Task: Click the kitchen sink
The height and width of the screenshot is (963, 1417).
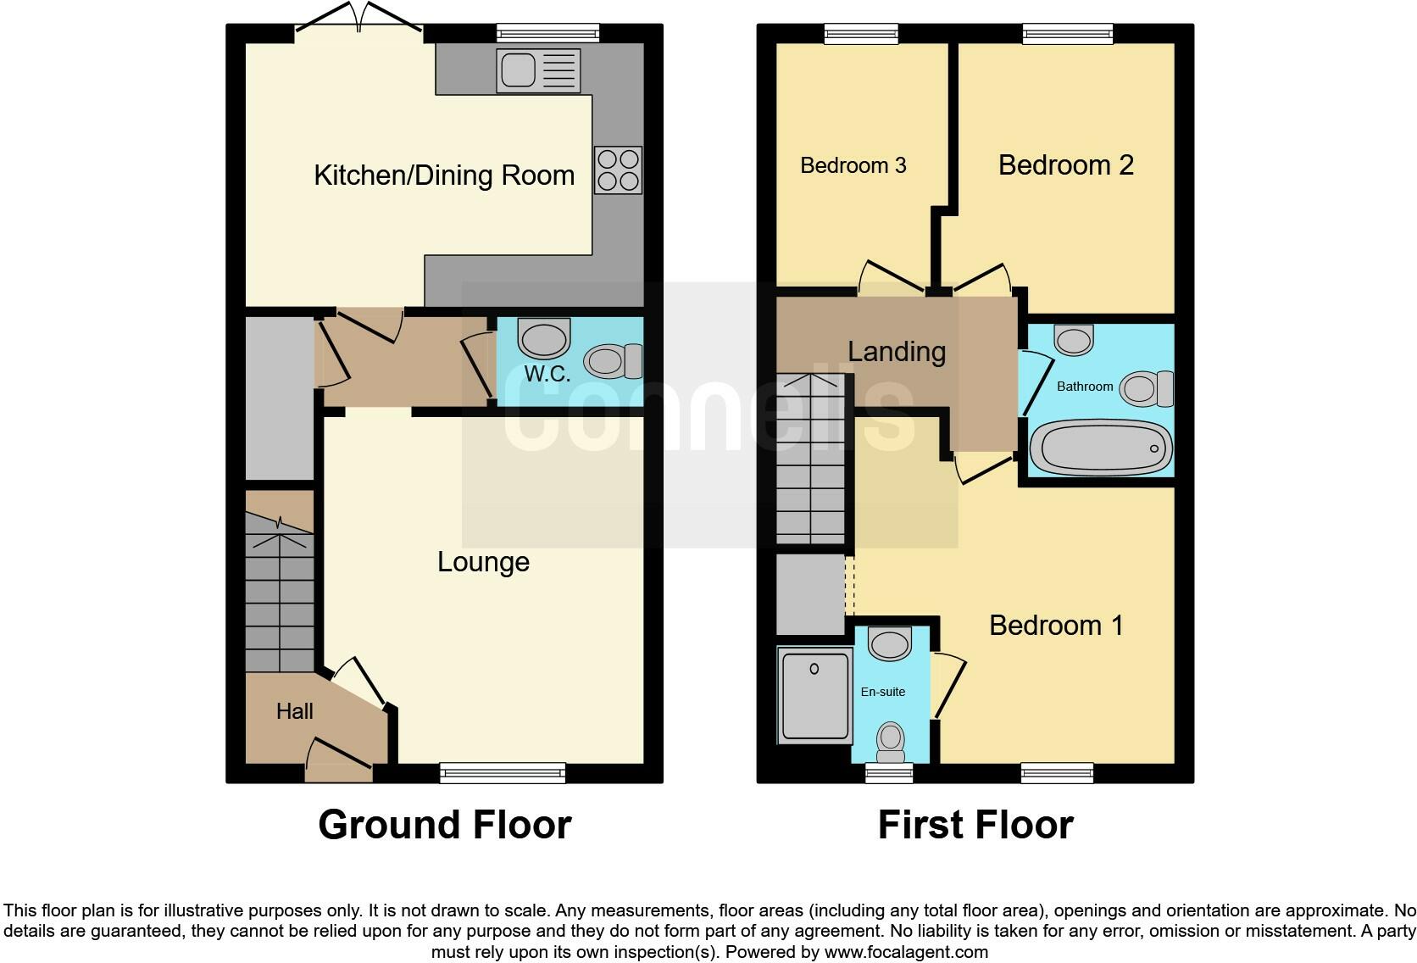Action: tap(540, 70)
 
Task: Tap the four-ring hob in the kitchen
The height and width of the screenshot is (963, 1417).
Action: tap(618, 170)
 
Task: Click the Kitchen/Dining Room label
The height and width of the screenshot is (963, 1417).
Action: tap(444, 175)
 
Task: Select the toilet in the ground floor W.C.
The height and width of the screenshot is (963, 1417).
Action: tap(616, 361)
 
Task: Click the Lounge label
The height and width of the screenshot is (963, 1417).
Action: tap(483, 562)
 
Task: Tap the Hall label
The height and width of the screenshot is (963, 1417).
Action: tap(294, 711)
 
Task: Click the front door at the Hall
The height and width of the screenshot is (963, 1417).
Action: tap(339, 760)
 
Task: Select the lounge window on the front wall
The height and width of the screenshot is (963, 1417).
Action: tap(503, 772)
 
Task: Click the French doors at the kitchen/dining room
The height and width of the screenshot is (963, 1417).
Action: tap(359, 25)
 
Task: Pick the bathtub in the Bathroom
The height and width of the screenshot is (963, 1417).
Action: tap(1100, 447)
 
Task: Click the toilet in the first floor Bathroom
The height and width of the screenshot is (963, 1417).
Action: tap(1147, 389)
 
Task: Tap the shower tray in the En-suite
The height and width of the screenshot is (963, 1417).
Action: tap(815, 695)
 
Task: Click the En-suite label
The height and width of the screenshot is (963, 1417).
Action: tap(882, 692)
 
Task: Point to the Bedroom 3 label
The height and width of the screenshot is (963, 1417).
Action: tap(853, 165)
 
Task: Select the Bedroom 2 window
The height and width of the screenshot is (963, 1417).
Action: tap(1067, 34)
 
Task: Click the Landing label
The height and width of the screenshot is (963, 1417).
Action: tap(897, 351)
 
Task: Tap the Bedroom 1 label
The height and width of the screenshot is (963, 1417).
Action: tap(1056, 626)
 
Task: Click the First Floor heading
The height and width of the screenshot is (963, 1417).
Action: tap(975, 825)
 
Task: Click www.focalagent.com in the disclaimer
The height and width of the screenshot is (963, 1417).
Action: tap(906, 952)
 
